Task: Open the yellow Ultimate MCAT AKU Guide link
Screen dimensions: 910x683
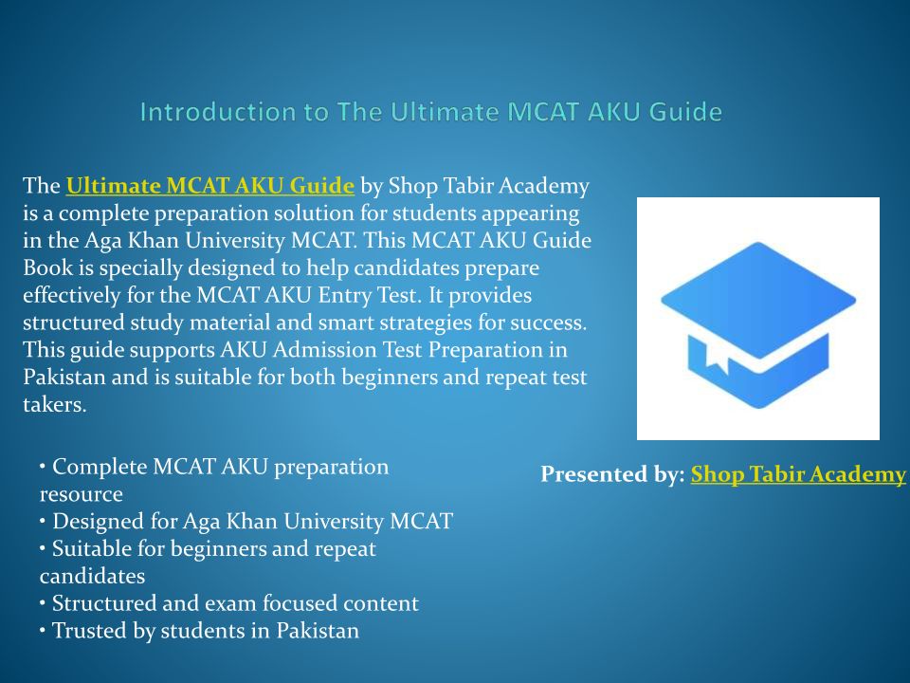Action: (210, 186)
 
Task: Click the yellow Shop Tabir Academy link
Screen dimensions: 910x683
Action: (798, 474)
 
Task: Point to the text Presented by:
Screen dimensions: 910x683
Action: (613, 474)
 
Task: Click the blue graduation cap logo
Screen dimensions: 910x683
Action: (758, 324)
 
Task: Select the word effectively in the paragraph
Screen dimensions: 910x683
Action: (72, 295)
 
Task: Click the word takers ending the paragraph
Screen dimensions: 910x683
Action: (55, 404)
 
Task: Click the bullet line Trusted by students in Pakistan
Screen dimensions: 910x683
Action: (200, 631)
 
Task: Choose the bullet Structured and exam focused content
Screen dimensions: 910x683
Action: (229, 603)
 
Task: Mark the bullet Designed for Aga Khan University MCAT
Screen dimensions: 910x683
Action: (246, 522)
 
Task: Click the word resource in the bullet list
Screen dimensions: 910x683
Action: (82, 494)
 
